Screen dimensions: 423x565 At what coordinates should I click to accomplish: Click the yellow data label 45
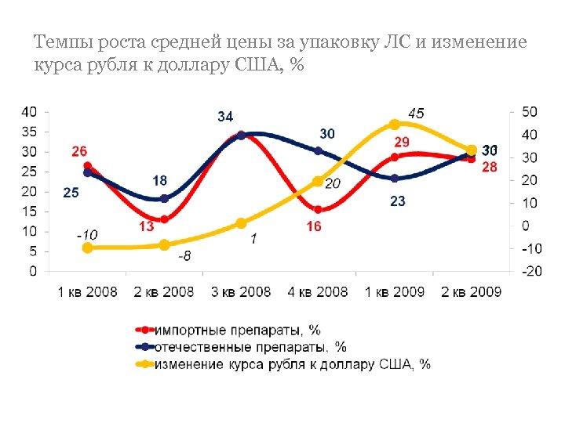pos(416,114)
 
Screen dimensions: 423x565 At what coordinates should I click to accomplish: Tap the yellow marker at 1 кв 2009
pos(395,124)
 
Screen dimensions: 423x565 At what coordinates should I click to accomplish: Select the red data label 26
pos(79,151)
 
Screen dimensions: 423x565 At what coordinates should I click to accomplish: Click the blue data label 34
pos(225,117)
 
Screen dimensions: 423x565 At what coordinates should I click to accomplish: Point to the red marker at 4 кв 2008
pos(318,209)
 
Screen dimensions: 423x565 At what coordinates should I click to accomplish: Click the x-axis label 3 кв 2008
pos(241,292)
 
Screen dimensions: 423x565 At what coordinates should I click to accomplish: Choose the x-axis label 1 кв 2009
pos(395,292)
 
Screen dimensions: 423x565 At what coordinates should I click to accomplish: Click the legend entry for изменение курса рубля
pos(291,363)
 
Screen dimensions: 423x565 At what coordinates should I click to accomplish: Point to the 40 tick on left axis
pos(28,111)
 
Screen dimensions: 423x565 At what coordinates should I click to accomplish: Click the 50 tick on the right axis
pos(530,111)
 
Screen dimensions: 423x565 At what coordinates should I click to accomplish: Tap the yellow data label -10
pos(87,234)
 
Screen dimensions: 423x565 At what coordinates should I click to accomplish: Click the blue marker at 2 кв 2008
pos(164,198)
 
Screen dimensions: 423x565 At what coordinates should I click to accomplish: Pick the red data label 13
pos(146,227)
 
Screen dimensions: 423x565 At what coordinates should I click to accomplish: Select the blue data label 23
pos(398,201)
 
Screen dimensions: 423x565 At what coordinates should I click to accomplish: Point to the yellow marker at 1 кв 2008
pos(87,248)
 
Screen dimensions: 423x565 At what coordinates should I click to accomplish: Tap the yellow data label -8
pos(184,256)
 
